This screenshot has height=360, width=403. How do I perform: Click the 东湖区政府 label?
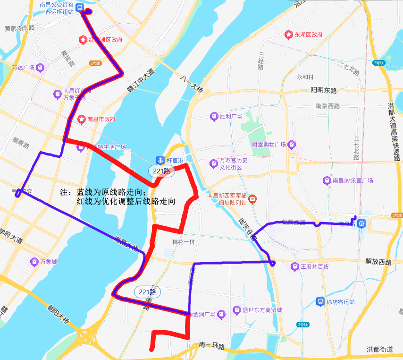[309, 35]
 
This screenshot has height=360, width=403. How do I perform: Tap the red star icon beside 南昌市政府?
[81, 119]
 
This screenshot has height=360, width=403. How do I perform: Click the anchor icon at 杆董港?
[160, 161]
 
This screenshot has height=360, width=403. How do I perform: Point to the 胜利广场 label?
[231, 116]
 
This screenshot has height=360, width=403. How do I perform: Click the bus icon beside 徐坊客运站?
[320, 301]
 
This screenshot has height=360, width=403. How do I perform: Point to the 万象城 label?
[48, 261]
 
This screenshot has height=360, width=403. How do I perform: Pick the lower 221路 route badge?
[147, 291]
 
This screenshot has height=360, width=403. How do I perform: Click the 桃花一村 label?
[183, 241]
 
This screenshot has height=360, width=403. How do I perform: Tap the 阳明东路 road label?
[323, 90]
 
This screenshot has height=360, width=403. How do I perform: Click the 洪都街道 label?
[379, 349]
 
